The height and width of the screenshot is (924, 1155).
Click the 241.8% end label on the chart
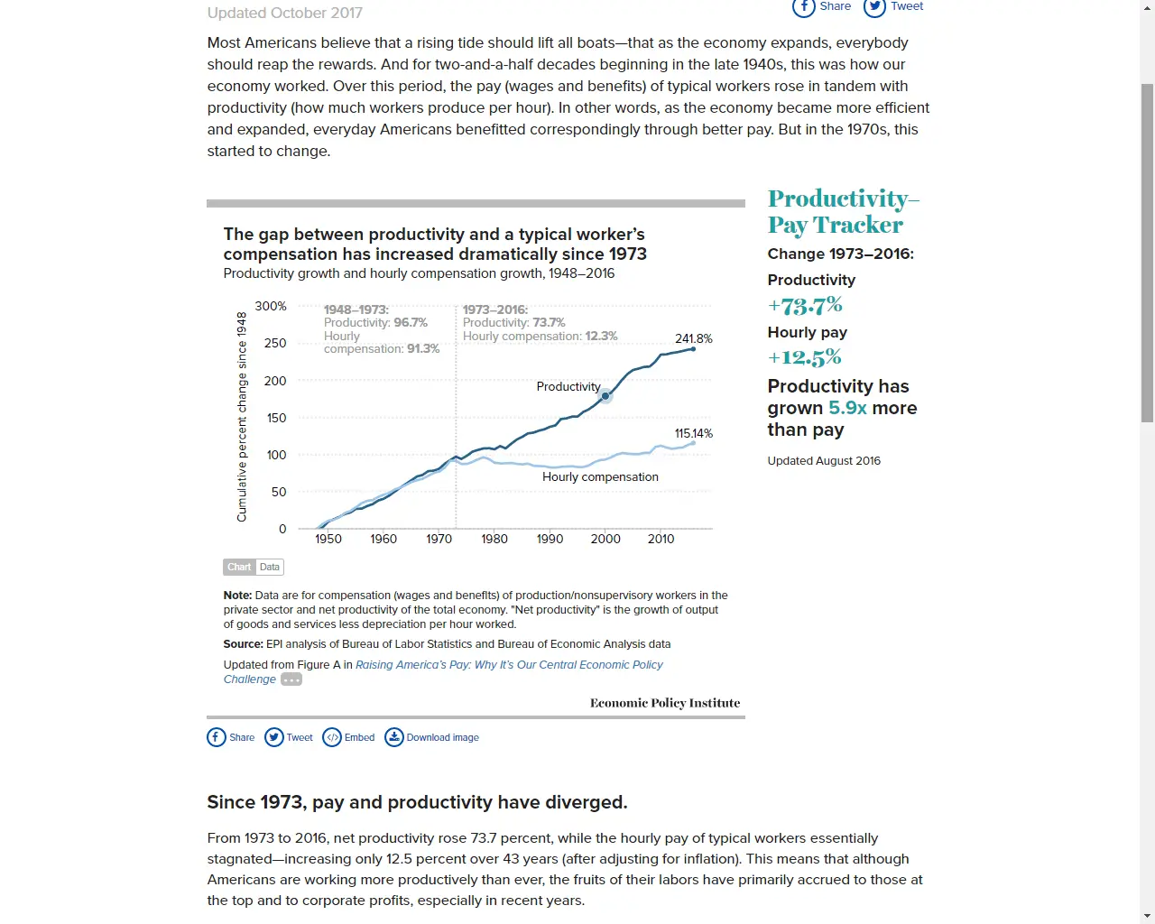(693, 338)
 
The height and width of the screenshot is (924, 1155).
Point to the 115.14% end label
(693, 433)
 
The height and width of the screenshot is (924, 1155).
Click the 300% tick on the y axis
(271, 306)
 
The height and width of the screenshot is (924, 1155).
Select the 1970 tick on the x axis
(439, 539)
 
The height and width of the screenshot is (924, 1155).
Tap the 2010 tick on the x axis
(661, 539)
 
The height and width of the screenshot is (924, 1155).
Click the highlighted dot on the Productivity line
(605, 396)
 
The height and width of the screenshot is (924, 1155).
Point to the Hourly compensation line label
(600, 476)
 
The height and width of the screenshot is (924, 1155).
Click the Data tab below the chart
(270, 567)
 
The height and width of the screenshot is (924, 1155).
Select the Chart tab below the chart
(239, 567)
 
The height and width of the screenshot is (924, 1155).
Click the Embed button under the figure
(348, 737)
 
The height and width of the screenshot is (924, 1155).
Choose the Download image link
(432, 737)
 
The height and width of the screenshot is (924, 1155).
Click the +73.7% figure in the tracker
(805, 306)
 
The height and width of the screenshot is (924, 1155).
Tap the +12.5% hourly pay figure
(804, 357)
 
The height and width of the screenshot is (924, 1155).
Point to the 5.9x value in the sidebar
(847, 408)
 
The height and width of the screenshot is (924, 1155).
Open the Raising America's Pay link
(509, 665)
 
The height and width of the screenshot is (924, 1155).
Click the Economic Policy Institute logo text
(665, 703)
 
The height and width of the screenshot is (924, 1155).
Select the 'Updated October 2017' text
(284, 13)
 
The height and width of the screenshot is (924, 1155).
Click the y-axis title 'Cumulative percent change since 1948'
(242, 417)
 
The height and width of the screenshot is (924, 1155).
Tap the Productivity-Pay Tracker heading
(843, 211)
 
